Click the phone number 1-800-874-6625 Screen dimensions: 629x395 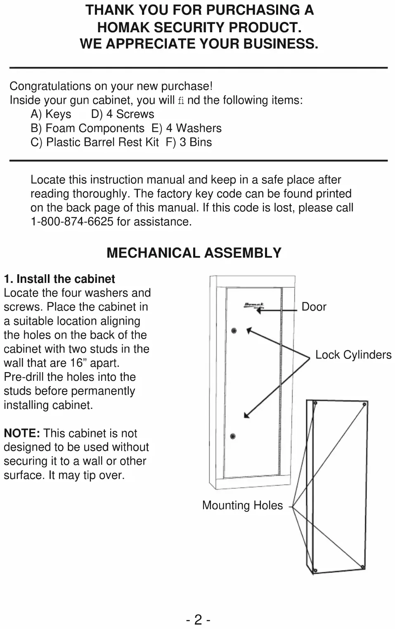pos(72,222)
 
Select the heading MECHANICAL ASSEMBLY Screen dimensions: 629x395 pos(194,253)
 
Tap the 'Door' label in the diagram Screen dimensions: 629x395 pos(314,307)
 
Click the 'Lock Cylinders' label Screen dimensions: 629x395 pos(353,355)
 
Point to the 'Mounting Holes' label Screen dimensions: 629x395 pos(242,506)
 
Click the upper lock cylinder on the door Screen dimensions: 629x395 pos(234,331)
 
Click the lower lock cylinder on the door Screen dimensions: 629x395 pos(233,436)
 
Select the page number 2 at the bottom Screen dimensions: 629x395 pos(198,620)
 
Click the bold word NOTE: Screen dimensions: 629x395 pos(22,433)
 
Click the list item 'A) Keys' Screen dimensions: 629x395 pos(51,114)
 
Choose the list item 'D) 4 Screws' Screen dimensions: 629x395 pos(123,114)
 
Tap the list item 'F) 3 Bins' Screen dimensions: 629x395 pos(189,142)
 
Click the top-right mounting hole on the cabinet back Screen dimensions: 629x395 pos(364,404)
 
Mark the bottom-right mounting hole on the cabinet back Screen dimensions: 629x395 pos(362,566)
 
